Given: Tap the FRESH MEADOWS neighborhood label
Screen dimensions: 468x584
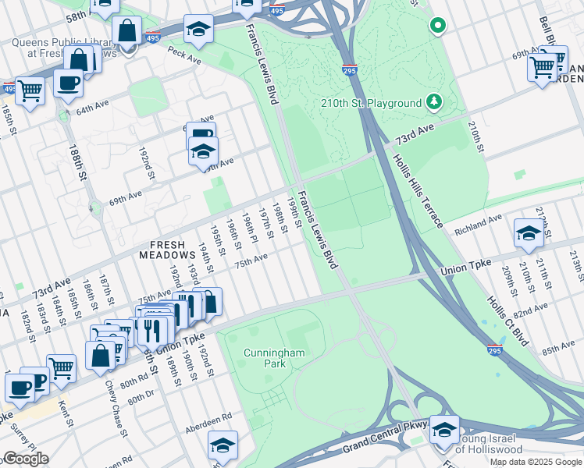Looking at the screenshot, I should [x=167, y=249].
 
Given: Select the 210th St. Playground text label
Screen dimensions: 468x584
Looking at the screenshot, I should [x=371, y=104].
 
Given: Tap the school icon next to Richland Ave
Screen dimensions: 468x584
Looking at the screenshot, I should [x=529, y=233].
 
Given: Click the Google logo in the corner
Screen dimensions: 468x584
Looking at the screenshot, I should [x=25, y=459].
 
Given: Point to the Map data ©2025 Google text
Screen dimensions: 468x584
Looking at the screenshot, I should [x=536, y=462].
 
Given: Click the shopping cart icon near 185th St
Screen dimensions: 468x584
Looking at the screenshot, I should [x=29, y=91].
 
